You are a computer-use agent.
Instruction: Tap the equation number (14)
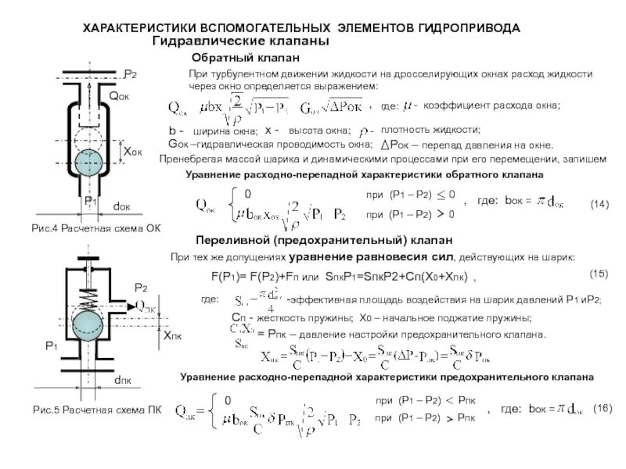(599, 204)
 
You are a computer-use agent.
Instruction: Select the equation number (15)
(598, 274)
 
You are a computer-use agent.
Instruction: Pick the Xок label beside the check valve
(131, 150)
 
